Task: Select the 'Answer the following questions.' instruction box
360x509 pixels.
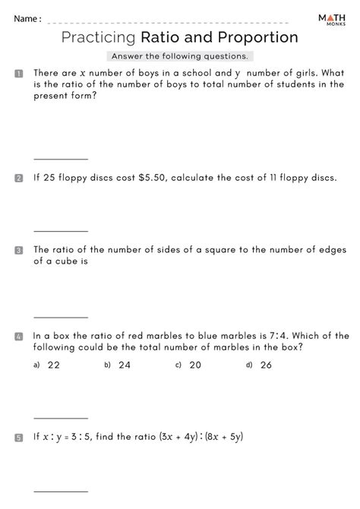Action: coord(179,56)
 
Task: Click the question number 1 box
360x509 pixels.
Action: coord(17,73)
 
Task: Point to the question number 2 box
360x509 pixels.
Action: coord(17,179)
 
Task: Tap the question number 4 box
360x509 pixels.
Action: coord(17,336)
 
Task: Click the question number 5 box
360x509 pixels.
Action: coord(17,438)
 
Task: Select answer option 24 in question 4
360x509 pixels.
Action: coord(125,365)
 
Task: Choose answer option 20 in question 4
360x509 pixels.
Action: coord(195,365)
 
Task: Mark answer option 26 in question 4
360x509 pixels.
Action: coord(265,365)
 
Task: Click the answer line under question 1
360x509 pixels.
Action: coord(61,160)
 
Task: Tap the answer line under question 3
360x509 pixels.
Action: coord(61,318)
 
